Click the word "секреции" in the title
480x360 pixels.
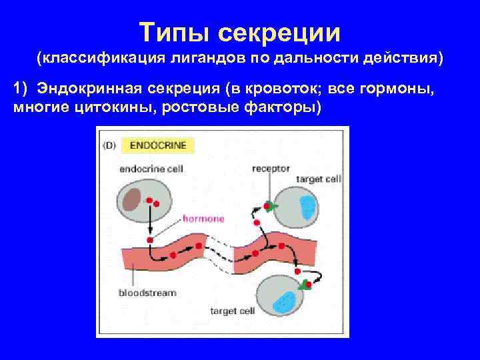(281, 32)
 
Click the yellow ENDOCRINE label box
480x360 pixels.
(157, 145)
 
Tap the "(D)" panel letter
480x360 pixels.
(109, 145)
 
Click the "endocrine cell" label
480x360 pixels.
(151, 168)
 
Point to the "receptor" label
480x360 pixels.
(271, 168)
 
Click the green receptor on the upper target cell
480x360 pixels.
(271, 207)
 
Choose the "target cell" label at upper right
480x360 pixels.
(318, 179)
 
